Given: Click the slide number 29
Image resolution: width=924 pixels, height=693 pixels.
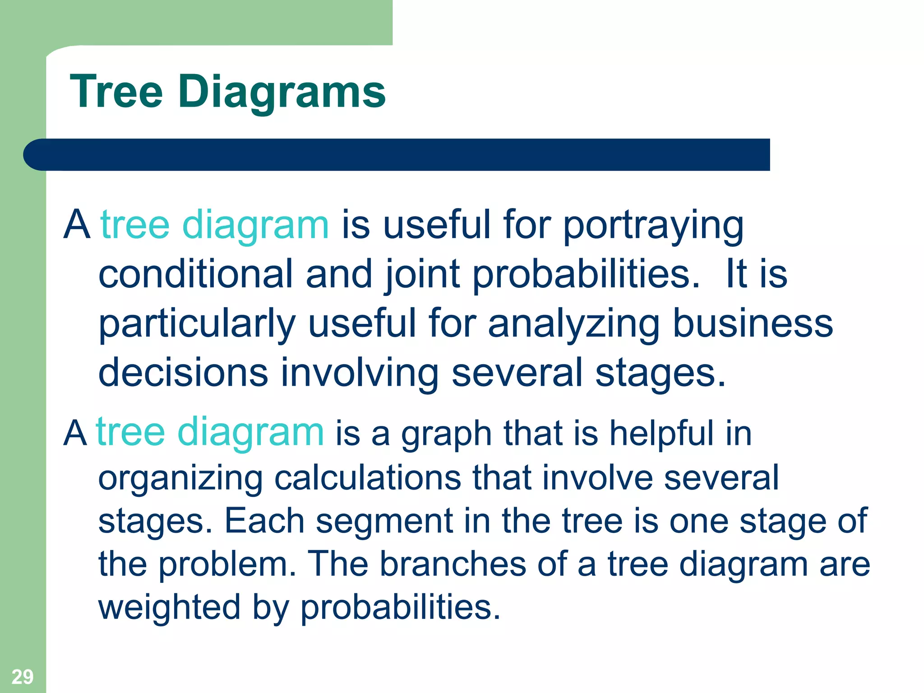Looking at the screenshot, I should pos(22,677).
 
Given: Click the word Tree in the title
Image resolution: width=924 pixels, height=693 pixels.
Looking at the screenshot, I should pos(116,92).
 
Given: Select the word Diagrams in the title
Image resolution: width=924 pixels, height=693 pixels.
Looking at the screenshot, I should pos(282,92).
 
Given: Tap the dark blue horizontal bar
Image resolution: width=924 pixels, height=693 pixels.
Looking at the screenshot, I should pos(397,155).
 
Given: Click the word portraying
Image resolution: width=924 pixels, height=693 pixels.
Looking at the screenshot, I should pos(653,226).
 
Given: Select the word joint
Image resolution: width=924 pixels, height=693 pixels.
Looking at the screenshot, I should pos(423,274).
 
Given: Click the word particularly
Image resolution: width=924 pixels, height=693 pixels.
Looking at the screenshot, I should pos(197,323).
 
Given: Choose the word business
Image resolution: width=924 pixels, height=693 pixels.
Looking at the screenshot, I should pos(753,323).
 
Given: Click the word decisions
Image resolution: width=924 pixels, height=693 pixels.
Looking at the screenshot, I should pos(183,373).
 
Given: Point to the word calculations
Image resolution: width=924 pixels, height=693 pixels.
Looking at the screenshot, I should pos(367,477).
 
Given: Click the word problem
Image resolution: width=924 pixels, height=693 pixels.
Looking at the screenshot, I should pos(227,564).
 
